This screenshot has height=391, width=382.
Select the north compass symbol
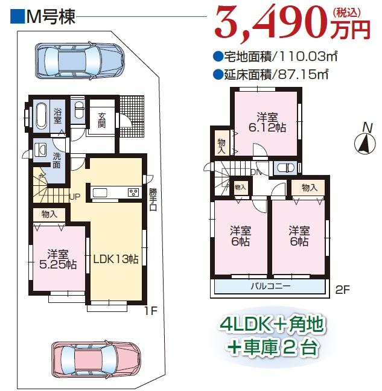[364, 142]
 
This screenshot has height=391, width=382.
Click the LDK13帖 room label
[116, 259]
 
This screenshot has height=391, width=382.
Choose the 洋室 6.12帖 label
[266, 122]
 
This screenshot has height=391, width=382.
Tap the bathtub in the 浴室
[42, 116]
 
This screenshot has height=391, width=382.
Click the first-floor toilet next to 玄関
[79, 110]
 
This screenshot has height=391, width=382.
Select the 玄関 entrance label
[101, 119]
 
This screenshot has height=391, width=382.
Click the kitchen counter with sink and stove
[116, 192]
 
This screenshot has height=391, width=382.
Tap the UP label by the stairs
[74, 197]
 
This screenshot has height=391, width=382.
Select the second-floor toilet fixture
[285, 168]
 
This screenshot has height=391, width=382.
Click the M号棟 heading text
[51, 17]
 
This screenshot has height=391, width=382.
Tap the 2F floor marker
[342, 289]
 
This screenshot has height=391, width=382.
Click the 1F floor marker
[151, 311]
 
